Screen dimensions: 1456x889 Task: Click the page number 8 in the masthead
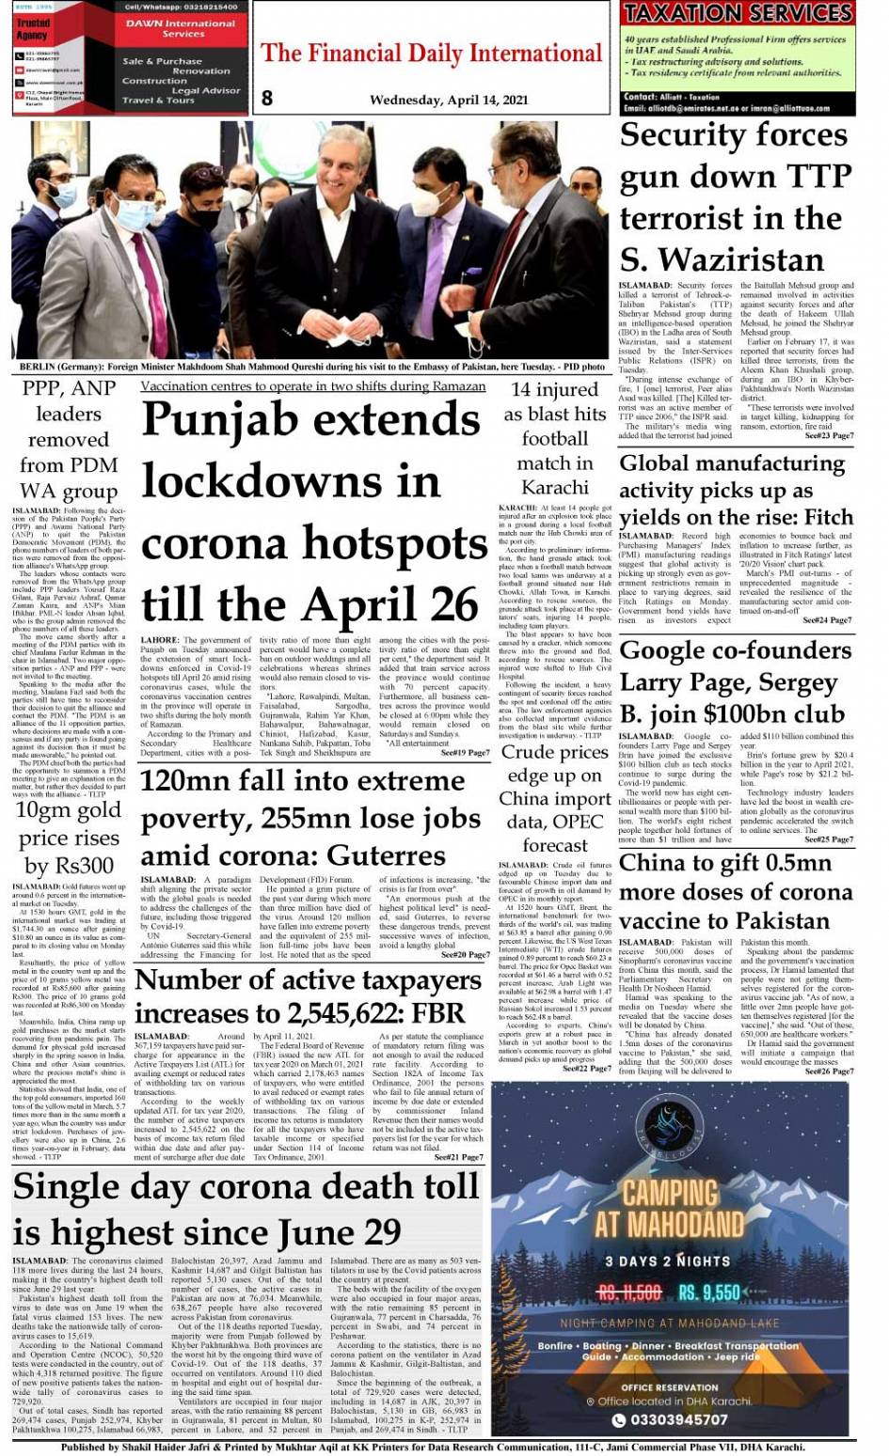[267, 98]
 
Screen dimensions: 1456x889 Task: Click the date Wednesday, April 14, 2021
[449, 100]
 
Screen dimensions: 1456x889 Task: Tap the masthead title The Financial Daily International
[431, 54]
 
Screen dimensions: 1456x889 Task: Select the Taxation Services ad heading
[738, 13]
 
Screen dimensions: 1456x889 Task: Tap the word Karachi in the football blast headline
[555, 487]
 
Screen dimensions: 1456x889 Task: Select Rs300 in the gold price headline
[83, 865]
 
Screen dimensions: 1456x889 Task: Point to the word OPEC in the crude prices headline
[581, 821]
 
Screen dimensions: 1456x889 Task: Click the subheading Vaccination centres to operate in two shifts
[313, 386]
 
